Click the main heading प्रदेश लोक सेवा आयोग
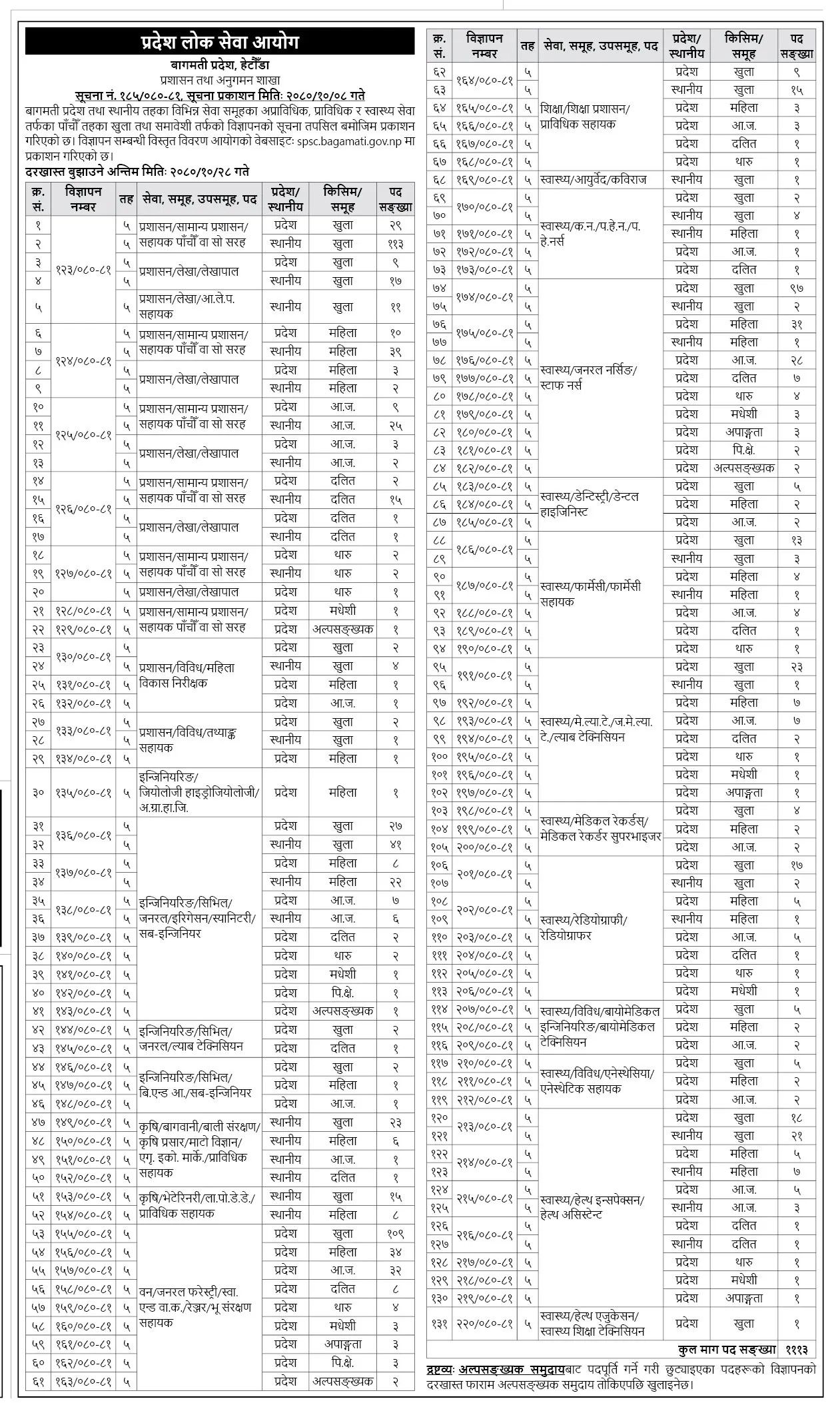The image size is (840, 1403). point(219,43)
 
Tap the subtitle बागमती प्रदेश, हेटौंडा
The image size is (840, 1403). point(219,65)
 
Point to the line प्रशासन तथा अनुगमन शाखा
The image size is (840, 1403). point(219,80)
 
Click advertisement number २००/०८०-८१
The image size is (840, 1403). point(485,847)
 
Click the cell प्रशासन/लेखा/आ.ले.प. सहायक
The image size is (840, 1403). point(187,307)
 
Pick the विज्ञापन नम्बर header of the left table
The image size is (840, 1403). point(84,199)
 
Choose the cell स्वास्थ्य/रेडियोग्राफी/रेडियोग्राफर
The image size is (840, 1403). point(585,928)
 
